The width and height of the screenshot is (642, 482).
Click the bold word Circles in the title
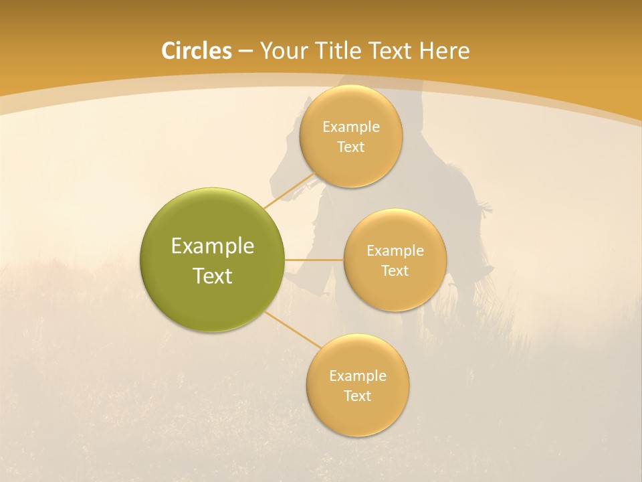tap(197, 51)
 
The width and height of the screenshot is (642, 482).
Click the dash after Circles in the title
tap(246, 52)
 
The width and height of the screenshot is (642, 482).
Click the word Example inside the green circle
tap(213, 246)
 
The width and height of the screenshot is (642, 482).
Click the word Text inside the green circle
tap(213, 276)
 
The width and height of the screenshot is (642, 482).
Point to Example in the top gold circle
tap(350, 127)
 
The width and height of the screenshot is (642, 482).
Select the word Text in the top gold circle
tap(350, 147)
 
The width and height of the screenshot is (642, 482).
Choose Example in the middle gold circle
tap(395, 251)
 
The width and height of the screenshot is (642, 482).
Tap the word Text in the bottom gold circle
tap(357, 396)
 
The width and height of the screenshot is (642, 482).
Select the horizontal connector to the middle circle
tap(314, 260)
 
